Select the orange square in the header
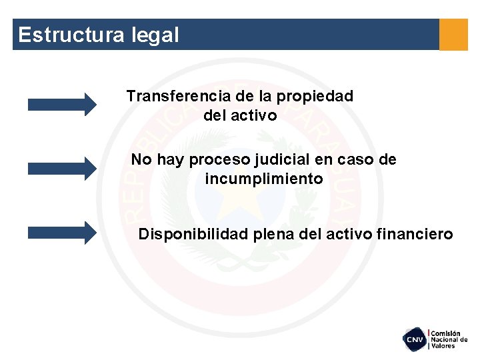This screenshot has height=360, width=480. (453, 34)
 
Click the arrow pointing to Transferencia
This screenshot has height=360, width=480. (62, 104)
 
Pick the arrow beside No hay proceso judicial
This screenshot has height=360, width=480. (62, 168)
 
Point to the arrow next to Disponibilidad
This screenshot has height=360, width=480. (62, 233)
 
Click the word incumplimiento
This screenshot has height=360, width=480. (264, 179)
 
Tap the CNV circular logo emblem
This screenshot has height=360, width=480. (415, 339)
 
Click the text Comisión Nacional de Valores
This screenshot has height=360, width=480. (449, 339)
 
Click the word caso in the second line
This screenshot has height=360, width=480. (354, 160)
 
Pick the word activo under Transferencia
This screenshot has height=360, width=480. (253, 115)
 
